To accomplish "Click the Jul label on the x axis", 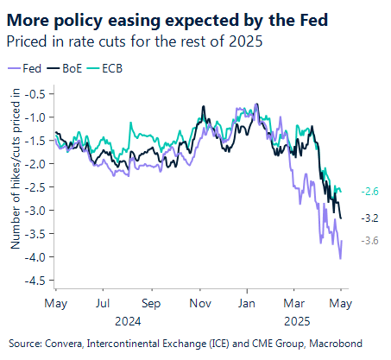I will coord(103,303).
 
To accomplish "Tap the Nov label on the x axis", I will coord(199,303).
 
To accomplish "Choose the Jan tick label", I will coord(247,303).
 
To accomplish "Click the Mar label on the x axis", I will coord(293,303).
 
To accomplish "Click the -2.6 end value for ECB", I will coord(369,191).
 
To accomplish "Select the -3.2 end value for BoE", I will coord(369,218).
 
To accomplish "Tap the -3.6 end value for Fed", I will coord(369,241).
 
